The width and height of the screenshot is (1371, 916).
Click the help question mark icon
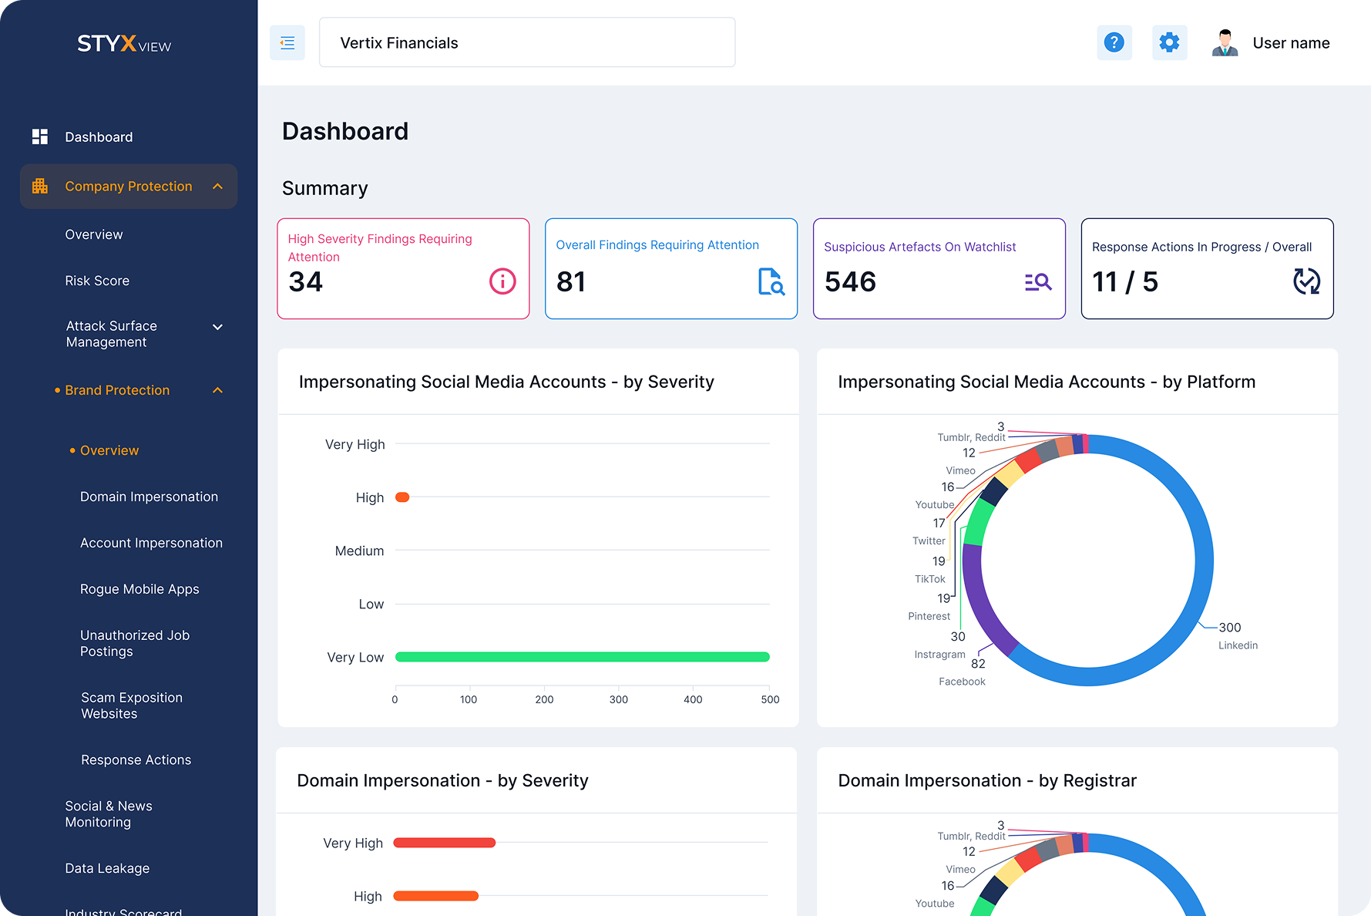click(x=1114, y=42)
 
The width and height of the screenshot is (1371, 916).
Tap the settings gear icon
click(x=1169, y=42)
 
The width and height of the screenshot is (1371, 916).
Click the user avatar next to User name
click(x=1225, y=43)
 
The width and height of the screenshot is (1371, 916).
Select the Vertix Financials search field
click(x=526, y=43)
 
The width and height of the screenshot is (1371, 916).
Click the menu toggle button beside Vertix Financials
click(x=287, y=43)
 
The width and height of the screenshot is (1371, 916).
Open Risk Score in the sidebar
click(x=97, y=281)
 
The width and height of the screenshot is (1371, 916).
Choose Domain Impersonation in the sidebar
click(x=149, y=497)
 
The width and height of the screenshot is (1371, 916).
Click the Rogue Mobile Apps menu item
click(x=139, y=589)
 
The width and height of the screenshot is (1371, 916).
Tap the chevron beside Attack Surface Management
click(x=218, y=327)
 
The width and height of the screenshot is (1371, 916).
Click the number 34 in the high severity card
click(x=306, y=282)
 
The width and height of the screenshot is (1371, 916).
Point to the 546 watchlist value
click(x=850, y=282)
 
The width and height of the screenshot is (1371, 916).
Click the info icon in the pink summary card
click(x=502, y=281)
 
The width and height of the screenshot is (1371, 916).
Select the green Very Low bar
click(x=582, y=657)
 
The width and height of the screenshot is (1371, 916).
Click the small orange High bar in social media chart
click(x=402, y=497)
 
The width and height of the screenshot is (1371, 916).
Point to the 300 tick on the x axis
click(x=618, y=699)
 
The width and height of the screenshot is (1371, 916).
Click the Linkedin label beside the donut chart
click(x=1238, y=645)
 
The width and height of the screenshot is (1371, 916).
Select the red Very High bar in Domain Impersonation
click(x=445, y=843)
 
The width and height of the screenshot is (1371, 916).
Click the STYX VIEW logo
click(x=124, y=44)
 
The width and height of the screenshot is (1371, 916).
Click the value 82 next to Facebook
click(x=978, y=664)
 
